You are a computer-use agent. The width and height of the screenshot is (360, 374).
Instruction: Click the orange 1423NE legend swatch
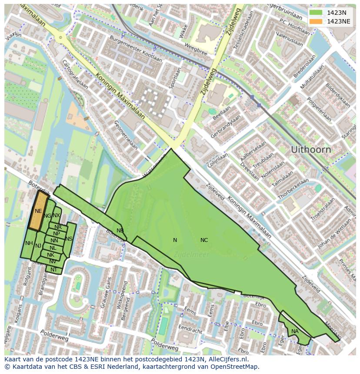[316, 21]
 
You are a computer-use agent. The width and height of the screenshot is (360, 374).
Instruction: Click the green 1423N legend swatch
[316, 13]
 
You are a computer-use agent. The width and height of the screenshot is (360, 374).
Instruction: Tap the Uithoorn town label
[310, 150]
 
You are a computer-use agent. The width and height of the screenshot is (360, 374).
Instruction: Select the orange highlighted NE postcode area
[38, 211]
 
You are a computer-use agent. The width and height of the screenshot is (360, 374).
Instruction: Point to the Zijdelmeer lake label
[191, 255]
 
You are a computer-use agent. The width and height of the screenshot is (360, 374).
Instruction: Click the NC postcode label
[204, 240]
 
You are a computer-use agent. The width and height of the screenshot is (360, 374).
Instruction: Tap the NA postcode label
[295, 331]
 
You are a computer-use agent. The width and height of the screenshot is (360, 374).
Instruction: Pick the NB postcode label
[120, 231]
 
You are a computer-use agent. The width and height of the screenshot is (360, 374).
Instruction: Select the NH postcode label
[29, 243]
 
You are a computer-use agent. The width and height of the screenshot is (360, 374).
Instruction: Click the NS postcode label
[69, 239]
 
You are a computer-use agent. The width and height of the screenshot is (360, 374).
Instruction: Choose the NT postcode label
[53, 270]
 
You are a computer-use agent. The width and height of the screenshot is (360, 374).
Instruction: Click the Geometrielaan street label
[126, 135]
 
